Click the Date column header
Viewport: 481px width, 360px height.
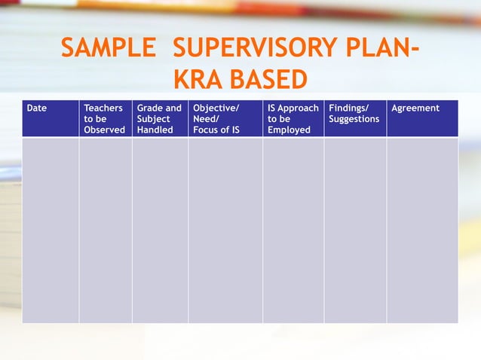pos(37,108)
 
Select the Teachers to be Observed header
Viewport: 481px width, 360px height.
pos(104,119)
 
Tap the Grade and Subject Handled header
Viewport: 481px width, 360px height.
pos(159,119)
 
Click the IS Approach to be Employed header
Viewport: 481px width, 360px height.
pos(293,119)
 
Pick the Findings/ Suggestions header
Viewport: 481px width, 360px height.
pos(354,114)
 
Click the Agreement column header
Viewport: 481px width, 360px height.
pos(415,108)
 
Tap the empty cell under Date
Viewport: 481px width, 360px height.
pos(51,230)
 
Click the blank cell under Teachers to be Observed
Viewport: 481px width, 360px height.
pos(106,230)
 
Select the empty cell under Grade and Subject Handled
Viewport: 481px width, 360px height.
pos(160,230)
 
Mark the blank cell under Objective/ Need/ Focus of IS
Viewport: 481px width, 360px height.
pos(225,230)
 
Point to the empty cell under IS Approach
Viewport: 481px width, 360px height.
pos(293,230)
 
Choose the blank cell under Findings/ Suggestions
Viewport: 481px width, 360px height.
pos(355,230)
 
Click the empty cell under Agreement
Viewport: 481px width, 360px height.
pos(422,230)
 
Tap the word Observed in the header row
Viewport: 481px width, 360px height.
pos(104,130)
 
